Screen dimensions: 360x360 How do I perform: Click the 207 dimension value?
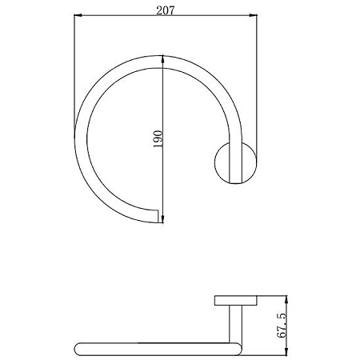coord(166,10)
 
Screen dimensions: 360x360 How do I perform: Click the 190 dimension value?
coord(158,139)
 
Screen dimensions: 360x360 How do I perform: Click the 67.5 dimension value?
coord(282,326)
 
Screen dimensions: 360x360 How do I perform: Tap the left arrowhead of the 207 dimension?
coord(78,15)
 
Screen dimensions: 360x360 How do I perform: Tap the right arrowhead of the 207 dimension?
coord(254,15)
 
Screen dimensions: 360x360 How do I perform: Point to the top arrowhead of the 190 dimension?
coord(162,59)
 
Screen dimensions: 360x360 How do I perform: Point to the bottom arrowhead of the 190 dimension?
coord(162,219)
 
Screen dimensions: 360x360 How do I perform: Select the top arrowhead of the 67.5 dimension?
coord(286,299)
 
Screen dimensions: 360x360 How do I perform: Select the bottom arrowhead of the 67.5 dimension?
coord(286,352)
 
